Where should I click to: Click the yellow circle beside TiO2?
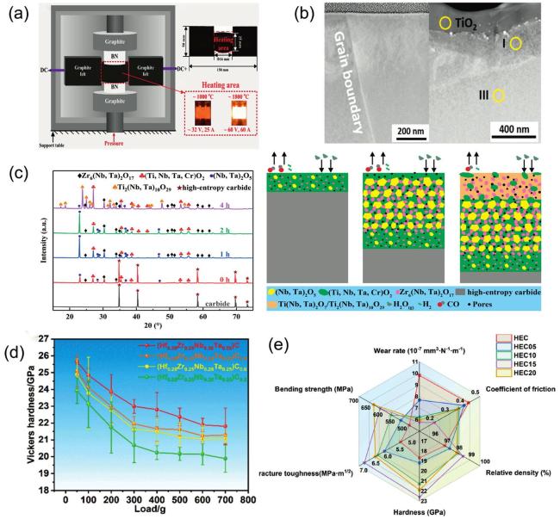coord(444,24)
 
